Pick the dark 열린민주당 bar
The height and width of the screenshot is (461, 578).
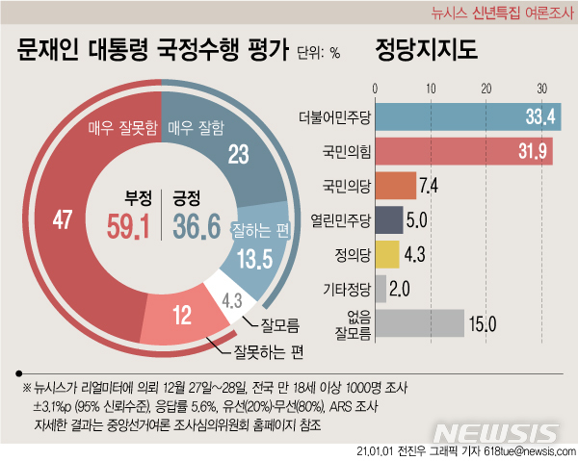(387, 219)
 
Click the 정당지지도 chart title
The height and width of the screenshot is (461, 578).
(425, 50)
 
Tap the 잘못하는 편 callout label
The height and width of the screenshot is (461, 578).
(263, 352)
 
